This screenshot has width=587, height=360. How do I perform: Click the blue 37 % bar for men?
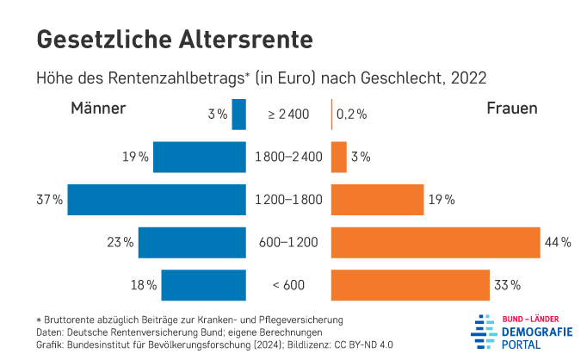157,200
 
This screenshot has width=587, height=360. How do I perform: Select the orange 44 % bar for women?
435,242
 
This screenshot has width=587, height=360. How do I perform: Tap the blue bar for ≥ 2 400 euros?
239,115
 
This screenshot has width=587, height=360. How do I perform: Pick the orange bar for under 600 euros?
410,284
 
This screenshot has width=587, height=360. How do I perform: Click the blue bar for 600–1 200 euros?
192,242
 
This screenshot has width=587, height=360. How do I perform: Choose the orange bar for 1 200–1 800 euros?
377,200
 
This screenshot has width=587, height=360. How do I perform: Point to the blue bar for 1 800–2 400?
200,157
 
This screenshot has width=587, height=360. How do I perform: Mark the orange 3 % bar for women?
338,157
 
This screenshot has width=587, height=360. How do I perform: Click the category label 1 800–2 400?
288,157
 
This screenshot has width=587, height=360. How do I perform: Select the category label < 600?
288,285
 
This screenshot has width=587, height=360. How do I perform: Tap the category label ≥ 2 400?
288,115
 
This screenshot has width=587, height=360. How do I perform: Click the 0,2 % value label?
351,115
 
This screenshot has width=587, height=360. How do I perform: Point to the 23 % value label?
120,243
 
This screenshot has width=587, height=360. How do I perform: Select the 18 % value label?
144,285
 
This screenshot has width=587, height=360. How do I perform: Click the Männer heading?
98,109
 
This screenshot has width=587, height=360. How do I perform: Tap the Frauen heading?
512,109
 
